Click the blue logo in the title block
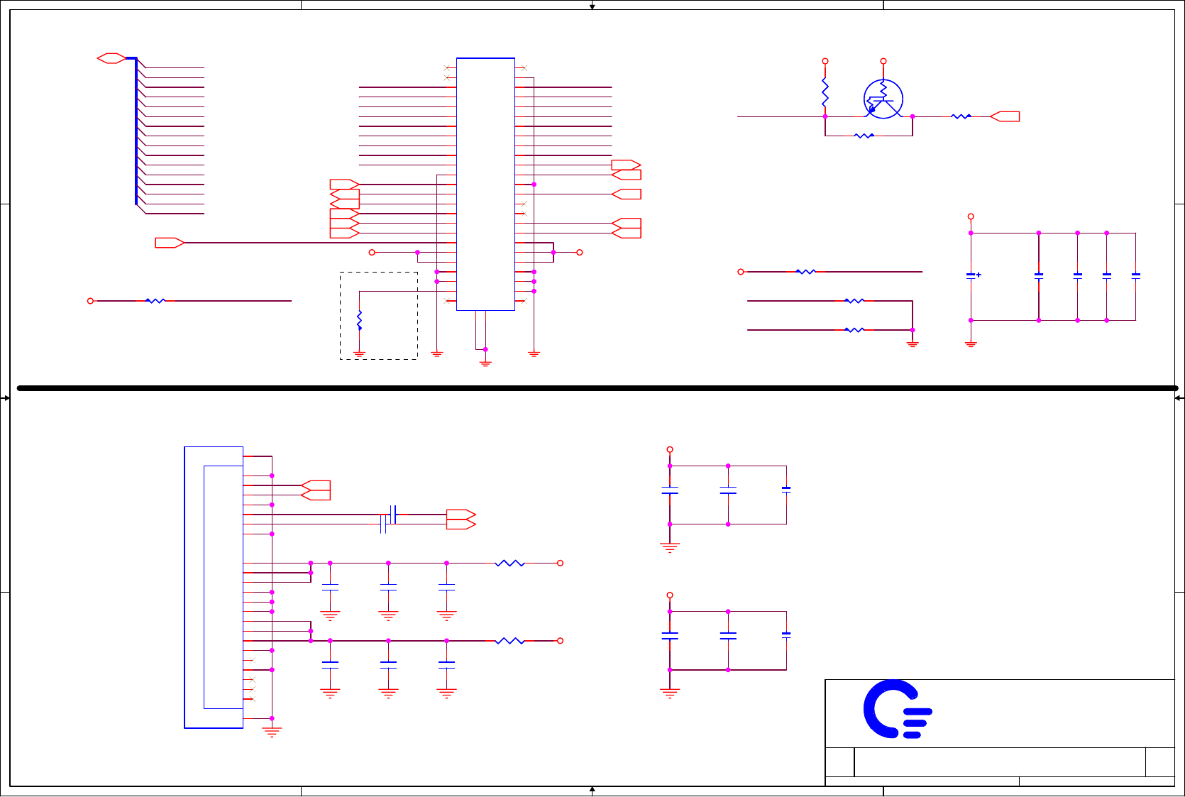click(x=895, y=710)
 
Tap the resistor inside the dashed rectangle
click(x=360, y=320)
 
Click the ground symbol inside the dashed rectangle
click(x=360, y=353)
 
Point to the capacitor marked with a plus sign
click(x=971, y=275)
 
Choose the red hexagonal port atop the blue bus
click(x=111, y=58)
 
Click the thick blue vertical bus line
click(x=136, y=131)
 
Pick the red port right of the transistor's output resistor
click(x=1005, y=116)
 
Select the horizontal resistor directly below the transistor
click(x=864, y=136)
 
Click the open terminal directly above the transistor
click(x=883, y=62)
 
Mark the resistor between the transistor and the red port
click(x=961, y=116)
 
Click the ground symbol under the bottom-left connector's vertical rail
click(x=272, y=732)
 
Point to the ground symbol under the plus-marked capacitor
click(x=971, y=344)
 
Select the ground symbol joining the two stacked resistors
click(x=913, y=344)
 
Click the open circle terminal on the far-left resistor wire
click(x=90, y=301)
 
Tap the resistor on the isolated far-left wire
click(x=155, y=301)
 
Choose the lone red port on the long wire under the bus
click(x=170, y=243)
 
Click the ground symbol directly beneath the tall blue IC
click(x=485, y=363)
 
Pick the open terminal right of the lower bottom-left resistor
click(x=560, y=641)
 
